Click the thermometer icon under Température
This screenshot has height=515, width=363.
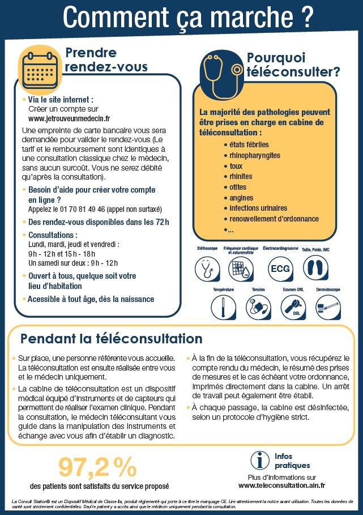pos(223,308)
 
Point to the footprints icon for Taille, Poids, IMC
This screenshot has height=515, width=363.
pos(315,267)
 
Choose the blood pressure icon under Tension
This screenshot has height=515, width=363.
pos(258,308)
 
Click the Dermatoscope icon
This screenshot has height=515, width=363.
pos(328,308)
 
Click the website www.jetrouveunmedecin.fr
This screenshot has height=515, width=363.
pos(69,119)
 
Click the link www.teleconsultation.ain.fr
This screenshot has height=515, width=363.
pos(281,486)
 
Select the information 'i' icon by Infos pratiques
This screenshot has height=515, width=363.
pos(260,461)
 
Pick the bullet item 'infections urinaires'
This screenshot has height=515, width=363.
pos(258,208)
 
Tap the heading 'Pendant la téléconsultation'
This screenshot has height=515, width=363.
pos(111,339)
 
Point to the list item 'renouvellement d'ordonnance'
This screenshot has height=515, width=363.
pos(274,219)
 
